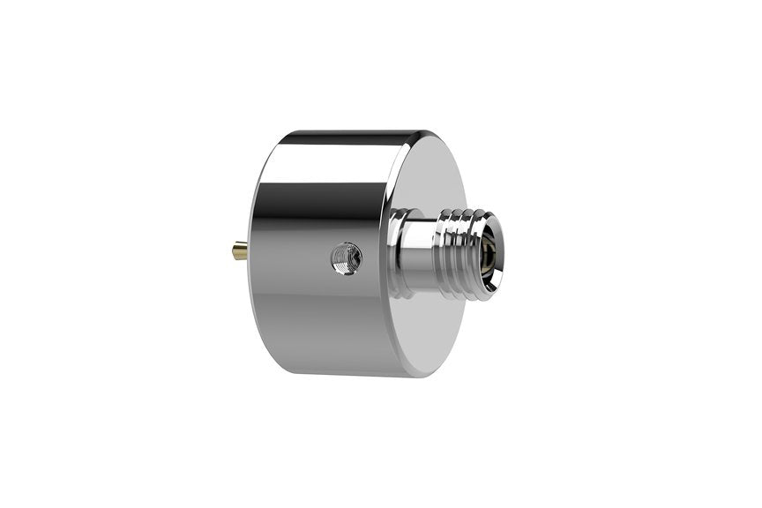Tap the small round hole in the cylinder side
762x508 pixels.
pyautogui.click(x=346, y=258)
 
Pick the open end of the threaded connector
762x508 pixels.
pyautogui.click(x=489, y=253)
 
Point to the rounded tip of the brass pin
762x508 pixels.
pyautogui.click(x=234, y=253)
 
